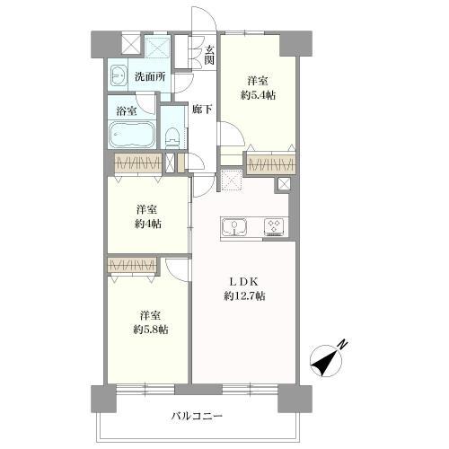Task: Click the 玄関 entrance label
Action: point(208,55)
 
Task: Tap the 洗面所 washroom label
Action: point(150,76)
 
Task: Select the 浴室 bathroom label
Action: point(127,111)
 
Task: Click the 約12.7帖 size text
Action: point(244,296)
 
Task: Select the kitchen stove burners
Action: point(273,227)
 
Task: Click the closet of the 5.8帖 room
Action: point(131,266)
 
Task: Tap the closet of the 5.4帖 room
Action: point(270,163)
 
